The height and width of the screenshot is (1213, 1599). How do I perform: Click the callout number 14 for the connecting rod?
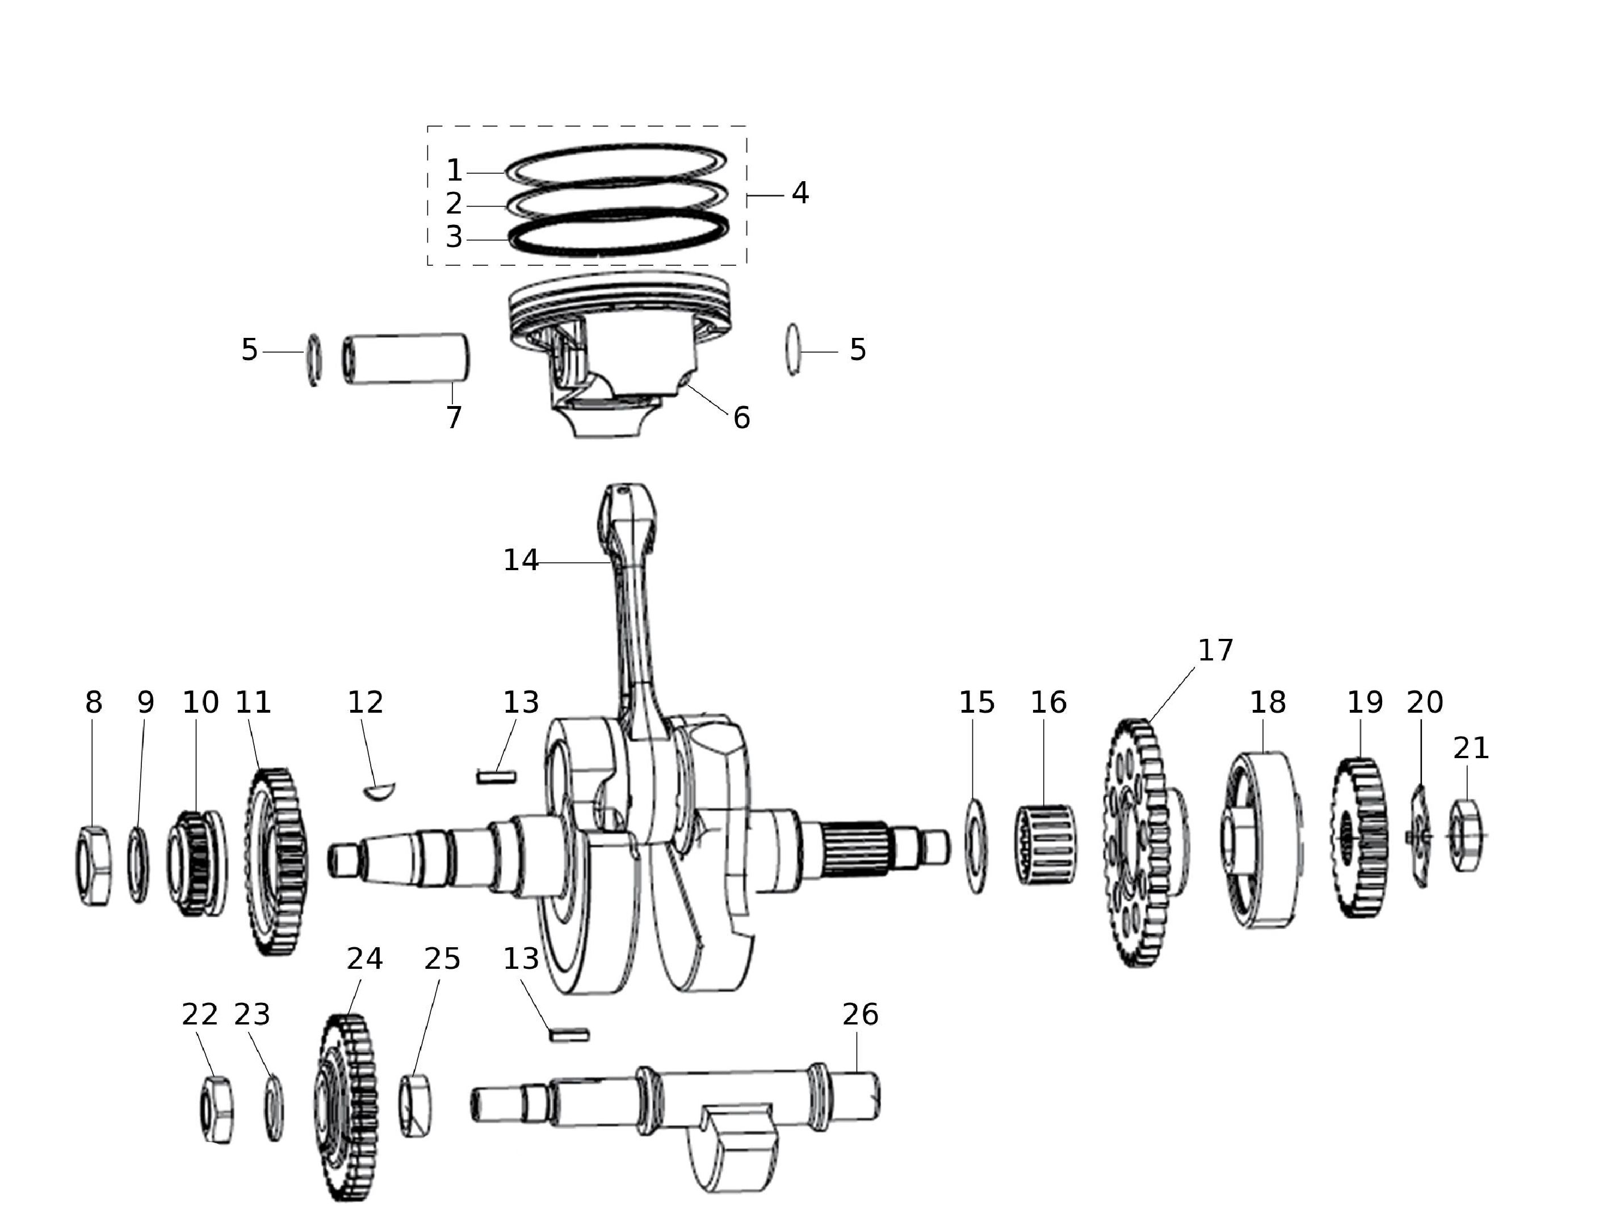521,561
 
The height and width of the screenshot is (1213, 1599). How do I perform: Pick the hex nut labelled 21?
1465,835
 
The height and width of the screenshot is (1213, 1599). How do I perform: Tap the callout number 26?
860,1015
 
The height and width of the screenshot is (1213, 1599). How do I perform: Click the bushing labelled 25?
416,1106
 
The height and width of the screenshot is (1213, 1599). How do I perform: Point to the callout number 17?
1216,650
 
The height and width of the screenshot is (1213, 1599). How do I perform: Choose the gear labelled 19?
1359,837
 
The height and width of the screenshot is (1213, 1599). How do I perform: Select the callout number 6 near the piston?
742,418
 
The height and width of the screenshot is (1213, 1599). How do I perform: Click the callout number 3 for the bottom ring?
454,237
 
